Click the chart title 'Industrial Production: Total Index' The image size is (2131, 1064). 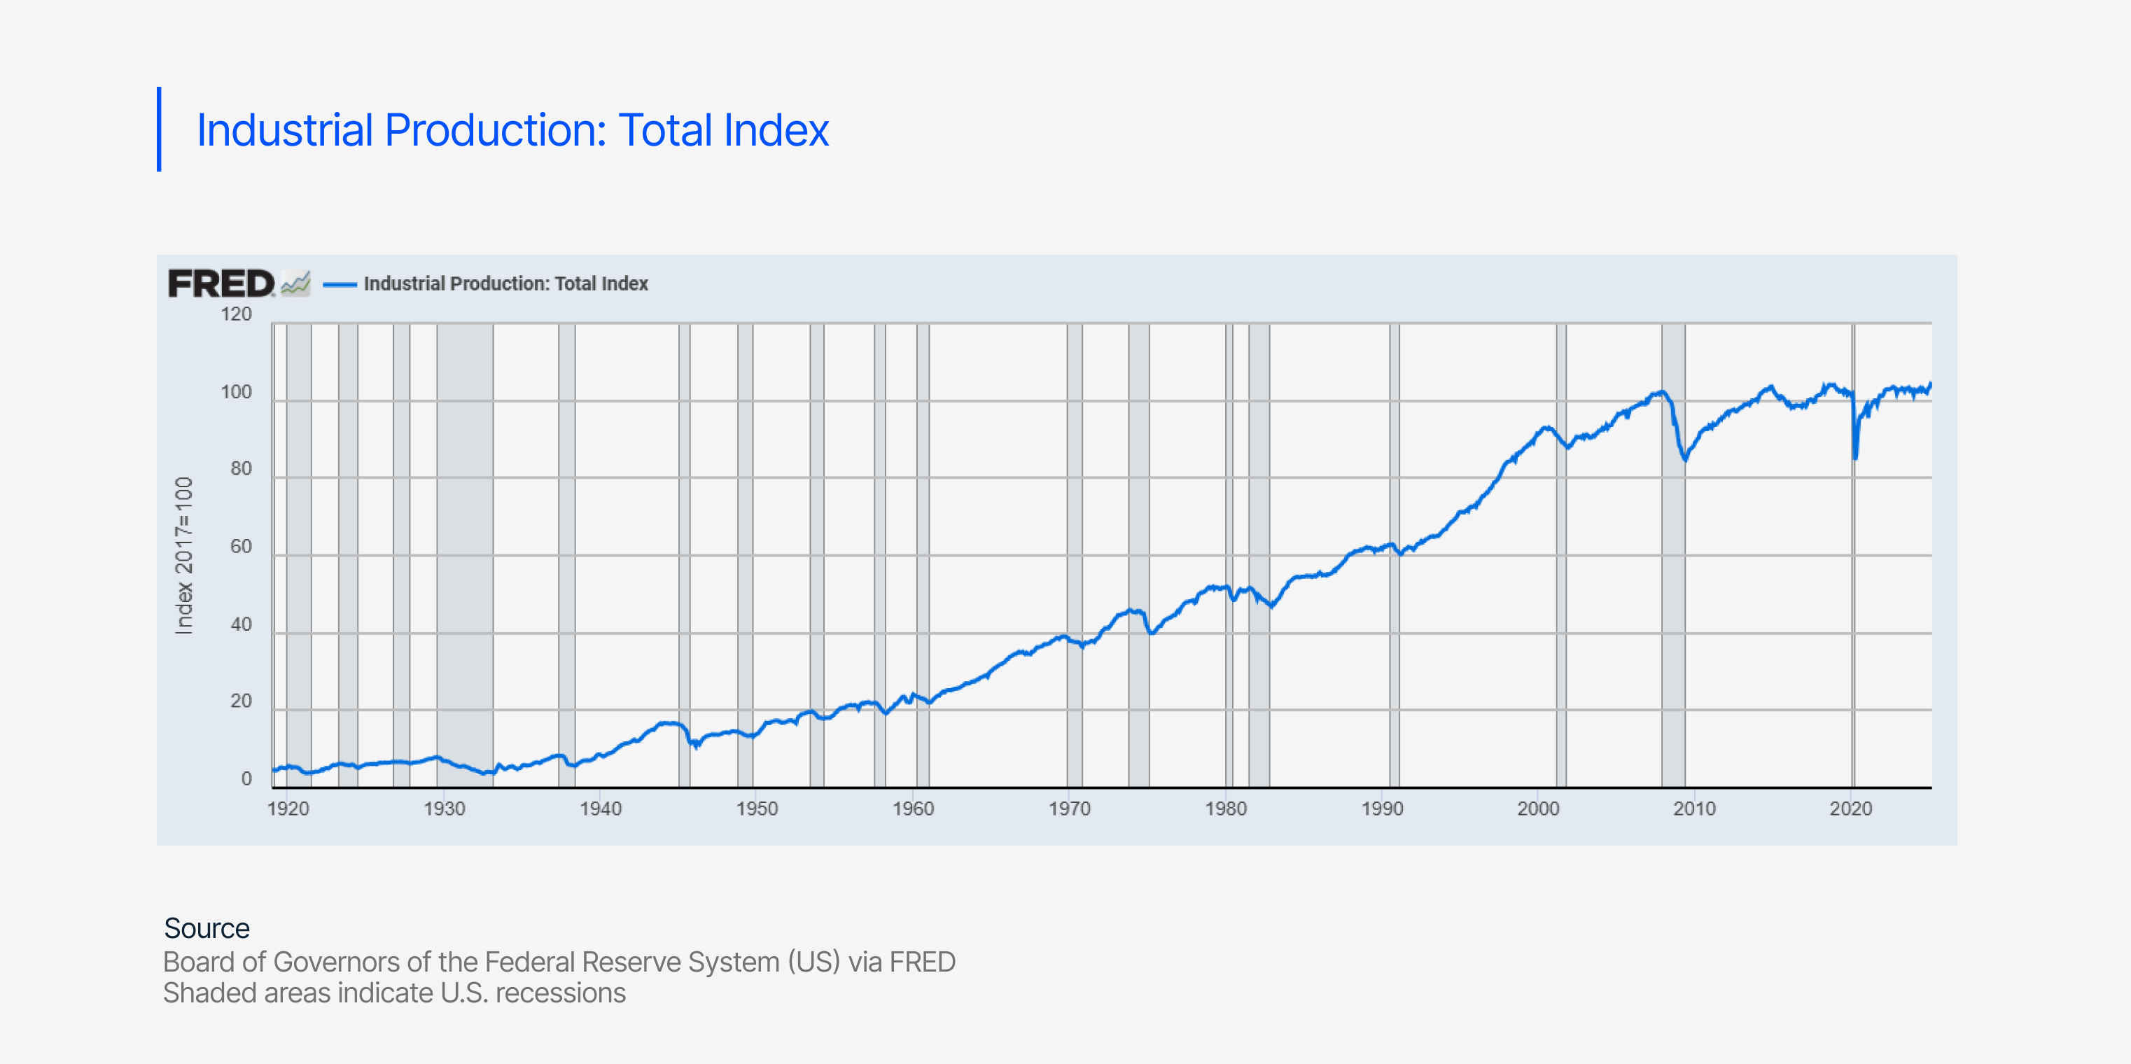click(512, 131)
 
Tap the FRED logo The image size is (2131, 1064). click(221, 283)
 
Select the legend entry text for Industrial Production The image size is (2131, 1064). click(505, 283)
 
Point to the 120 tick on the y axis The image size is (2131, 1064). click(236, 314)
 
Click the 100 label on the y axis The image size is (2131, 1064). click(236, 392)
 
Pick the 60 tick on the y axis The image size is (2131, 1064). click(241, 546)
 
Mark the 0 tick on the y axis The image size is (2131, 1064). click(246, 778)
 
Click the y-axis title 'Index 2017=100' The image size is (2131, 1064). click(183, 555)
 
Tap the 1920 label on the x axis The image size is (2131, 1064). click(288, 809)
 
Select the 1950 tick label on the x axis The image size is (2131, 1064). click(757, 809)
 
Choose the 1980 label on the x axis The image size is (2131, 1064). click(1225, 809)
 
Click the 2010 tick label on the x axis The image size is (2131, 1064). click(1694, 809)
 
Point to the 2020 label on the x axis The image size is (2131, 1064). click(1850, 809)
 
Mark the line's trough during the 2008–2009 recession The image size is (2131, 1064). click(1685, 459)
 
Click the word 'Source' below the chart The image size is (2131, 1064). click(207, 928)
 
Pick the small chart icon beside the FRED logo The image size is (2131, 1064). click(295, 283)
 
